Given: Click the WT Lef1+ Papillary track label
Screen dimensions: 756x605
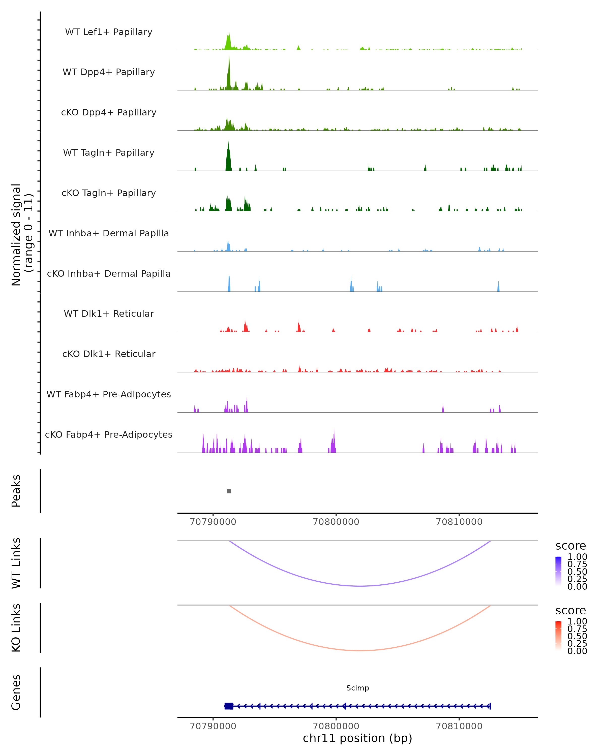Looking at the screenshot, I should coord(109,32).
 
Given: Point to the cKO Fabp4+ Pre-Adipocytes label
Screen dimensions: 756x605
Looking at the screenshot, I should coord(109,434).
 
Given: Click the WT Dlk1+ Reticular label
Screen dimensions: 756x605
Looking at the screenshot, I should coord(109,314).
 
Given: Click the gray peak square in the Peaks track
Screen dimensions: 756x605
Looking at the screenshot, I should coord(229,491).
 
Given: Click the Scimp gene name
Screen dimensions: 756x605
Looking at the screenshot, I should coord(357,688).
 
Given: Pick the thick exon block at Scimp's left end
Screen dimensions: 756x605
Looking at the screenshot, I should coord(229,706).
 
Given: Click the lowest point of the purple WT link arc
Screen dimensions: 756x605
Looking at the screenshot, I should coord(360,586).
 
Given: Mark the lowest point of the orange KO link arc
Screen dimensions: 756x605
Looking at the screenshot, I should coord(360,650).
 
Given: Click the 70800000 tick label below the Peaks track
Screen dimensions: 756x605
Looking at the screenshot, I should coord(336,522).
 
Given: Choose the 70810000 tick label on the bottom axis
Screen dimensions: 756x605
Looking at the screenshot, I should coord(459,726).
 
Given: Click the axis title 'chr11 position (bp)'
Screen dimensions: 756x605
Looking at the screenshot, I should coord(357,738).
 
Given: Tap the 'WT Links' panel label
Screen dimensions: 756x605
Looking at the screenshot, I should coord(16,563).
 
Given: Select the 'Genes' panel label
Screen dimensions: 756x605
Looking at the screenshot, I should coord(16,692).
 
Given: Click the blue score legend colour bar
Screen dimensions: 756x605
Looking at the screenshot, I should coord(558,571).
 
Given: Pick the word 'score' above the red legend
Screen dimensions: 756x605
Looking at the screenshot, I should coord(571,611).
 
